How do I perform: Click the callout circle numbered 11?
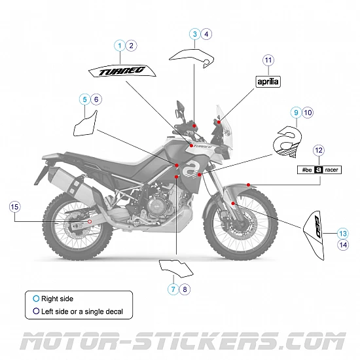(268, 60)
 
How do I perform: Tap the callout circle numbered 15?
(15, 207)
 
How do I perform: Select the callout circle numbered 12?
(319, 151)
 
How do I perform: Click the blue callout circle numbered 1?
(119, 45)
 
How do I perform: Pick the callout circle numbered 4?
(206, 33)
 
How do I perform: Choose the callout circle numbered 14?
(343, 245)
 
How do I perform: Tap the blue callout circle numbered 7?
(173, 289)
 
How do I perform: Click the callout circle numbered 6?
(96, 99)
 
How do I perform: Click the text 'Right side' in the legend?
(57, 298)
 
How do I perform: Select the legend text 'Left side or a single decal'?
(82, 311)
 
